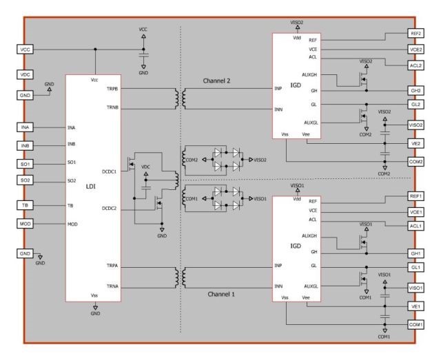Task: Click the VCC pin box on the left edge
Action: [25, 49]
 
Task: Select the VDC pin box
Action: [25, 73]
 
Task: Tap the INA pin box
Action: [25, 127]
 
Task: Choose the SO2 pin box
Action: [25, 180]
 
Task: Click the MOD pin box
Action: [25, 224]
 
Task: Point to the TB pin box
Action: [25, 205]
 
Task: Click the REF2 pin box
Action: [416, 33]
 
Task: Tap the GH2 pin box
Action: [416, 91]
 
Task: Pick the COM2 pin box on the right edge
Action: [416, 161]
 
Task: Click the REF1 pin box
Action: [416, 196]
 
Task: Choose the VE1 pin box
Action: [416, 306]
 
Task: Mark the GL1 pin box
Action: [416, 268]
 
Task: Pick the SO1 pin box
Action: [25, 163]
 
